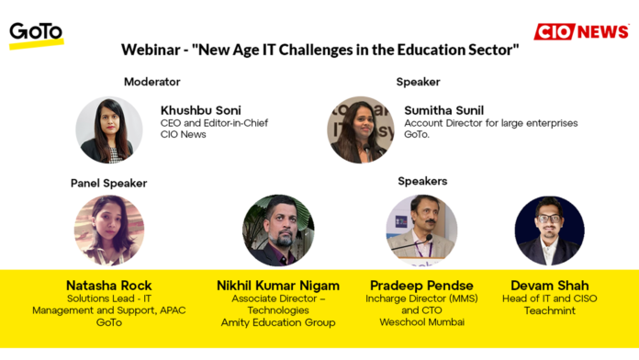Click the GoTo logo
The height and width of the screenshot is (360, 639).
click(x=36, y=34)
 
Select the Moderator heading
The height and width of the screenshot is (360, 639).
click(x=152, y=82)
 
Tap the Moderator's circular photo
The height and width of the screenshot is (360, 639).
click(x=109, y=129)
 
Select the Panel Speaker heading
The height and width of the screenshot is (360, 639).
click(x=108, y=183)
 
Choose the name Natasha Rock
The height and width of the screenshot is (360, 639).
click(x=108, y=285)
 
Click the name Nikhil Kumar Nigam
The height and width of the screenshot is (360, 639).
click(x=278, y=285)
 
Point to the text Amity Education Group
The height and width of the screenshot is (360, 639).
click(x=278, y=322)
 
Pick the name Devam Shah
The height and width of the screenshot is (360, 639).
click(x=549, y=285)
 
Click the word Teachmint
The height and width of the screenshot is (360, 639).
click(x=549, y=310)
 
